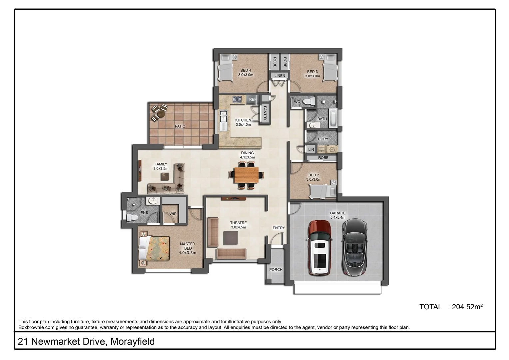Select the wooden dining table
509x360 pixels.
tap(246, 175)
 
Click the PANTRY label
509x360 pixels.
tap(265, 113)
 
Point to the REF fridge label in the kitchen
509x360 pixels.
tap(253, 99)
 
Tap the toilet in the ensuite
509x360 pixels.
tap(132, 217)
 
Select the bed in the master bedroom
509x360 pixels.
tap(154, 248)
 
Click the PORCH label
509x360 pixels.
tap(276, 270)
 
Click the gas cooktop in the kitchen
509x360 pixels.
tap(237, 99)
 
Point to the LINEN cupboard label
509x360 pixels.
tap(280, 76)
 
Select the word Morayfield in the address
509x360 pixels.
tap(132, 342)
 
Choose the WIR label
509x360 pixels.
tap(173, 214)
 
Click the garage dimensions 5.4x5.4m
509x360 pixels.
tap(337, 218)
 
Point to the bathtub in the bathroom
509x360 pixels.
tap(333, 118)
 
